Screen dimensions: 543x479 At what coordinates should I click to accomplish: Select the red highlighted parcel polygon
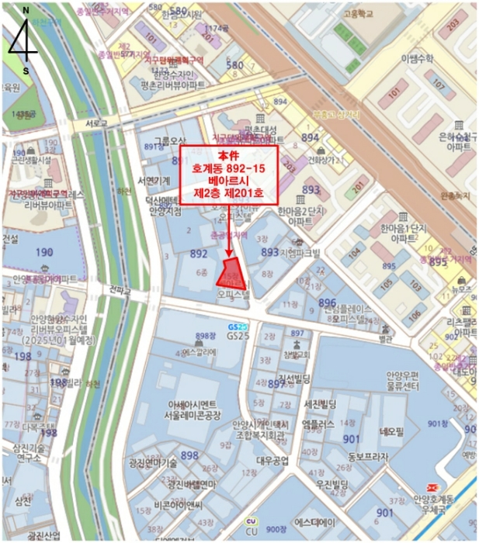pos(231,273)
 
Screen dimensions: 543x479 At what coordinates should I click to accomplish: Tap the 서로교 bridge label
pos(96,123)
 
